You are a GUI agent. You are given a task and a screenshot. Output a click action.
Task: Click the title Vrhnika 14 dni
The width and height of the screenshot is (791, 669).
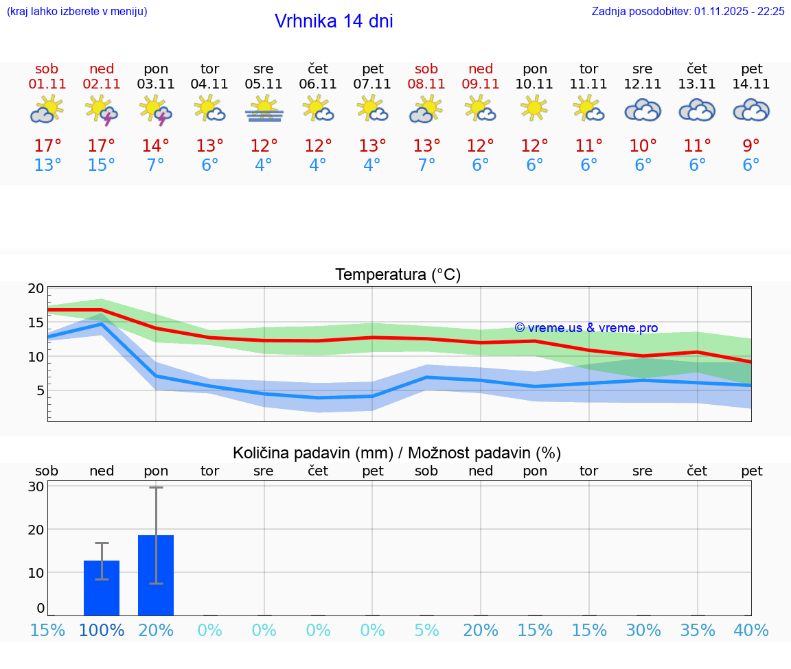(334, 21)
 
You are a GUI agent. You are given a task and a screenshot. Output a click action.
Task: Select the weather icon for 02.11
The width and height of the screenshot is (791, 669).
(101, 110)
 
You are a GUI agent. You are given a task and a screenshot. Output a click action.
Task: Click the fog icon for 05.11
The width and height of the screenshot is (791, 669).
(264, 110)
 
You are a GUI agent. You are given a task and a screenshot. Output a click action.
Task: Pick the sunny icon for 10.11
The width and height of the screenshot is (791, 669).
(534, 109)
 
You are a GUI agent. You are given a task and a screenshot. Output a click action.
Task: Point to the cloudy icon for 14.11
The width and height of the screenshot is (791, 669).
(751, 110)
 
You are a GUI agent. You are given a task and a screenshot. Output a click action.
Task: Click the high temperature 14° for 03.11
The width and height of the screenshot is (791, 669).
(156, 146)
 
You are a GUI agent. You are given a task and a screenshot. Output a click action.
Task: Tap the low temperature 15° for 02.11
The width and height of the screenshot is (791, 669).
(101, 165)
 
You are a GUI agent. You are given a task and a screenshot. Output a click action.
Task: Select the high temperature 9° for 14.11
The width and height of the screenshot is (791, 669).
(751, 146)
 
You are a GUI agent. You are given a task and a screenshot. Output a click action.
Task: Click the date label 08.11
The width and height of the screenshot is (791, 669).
(426, 84)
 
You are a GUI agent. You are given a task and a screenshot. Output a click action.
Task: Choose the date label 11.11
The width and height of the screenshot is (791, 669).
(588, 84)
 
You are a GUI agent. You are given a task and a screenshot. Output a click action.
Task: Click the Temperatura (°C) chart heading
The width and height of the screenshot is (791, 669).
(398, 275)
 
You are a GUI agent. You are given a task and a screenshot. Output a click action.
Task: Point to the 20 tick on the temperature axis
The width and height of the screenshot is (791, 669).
(36, 289)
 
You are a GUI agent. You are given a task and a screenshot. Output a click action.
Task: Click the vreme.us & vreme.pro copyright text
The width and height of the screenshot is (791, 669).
(586, 328)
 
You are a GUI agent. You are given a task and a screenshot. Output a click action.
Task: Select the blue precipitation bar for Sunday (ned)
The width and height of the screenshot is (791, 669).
(102, 588)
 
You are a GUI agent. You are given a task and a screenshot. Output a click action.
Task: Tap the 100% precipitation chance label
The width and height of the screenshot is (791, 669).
(102, 630)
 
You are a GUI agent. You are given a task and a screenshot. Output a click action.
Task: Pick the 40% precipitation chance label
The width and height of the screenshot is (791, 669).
(751, 630)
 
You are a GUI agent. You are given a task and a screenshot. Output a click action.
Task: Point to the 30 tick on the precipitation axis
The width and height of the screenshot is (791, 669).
(36, 486)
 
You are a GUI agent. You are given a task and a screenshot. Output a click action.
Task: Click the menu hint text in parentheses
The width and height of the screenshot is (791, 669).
(76, 11)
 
